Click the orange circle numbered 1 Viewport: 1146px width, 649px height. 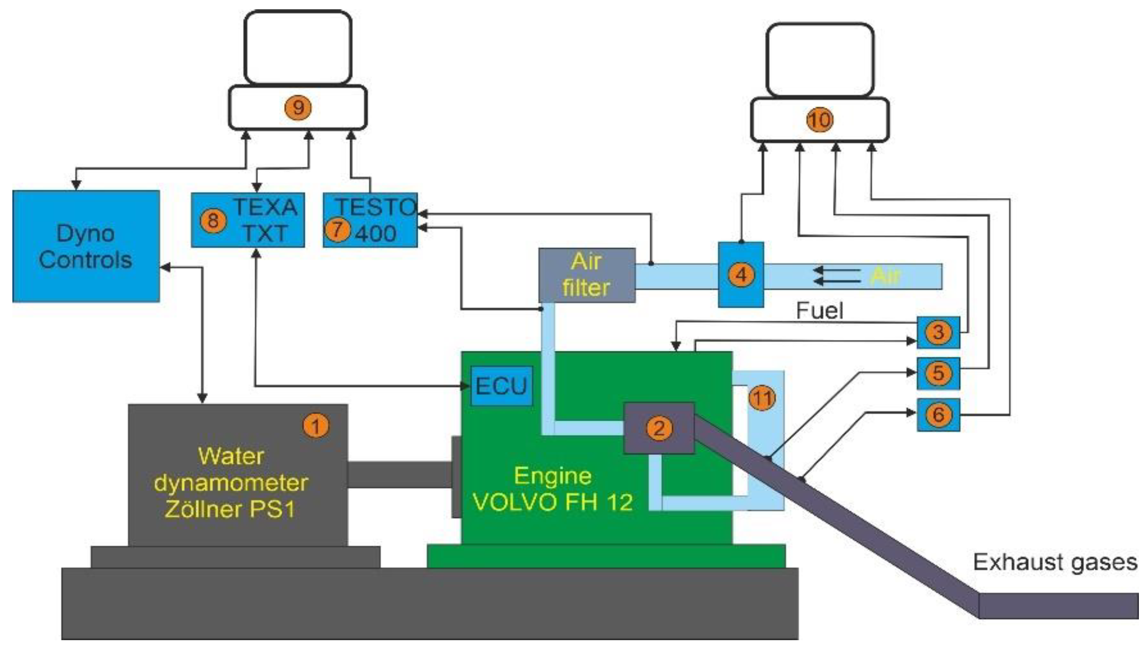pos(316,426)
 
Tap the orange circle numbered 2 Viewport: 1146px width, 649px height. pos(659,428)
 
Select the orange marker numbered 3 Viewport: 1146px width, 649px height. pos(938,332)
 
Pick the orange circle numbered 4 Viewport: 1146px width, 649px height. pos(741,275)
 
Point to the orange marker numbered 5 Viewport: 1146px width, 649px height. pos(938,373)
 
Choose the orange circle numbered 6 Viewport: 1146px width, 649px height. pos(938,415)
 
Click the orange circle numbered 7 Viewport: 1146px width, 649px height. pos(337,229)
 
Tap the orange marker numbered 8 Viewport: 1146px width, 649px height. pos(213,221)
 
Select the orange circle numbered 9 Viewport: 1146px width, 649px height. pos(298,107)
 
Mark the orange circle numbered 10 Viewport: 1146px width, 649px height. pos(820,120)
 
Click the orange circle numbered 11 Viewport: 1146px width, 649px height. pos(762,398)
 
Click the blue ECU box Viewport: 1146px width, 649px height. pos(501,386)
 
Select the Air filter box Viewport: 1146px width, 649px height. pos(587,275)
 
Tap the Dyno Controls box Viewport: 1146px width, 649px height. pos(86,247)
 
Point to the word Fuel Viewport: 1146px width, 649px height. pos(820,311)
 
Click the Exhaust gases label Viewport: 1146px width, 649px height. pos(1055,562)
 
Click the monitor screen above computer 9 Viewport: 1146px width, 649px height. pos(298,47)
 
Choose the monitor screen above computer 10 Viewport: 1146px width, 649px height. pos(820,60)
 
